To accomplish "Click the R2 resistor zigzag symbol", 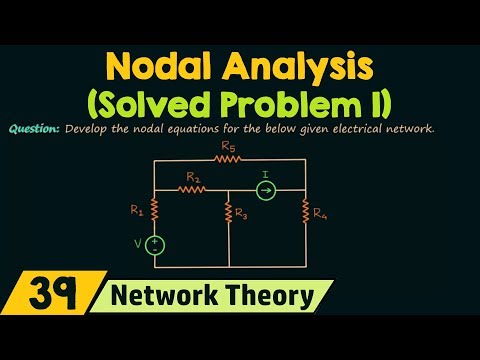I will (191, 187).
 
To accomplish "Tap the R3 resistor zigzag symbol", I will (229, 212).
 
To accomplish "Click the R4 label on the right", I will (318, 212).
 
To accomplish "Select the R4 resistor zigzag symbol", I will (304, 211).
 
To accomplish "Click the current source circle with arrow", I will (266, 187).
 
